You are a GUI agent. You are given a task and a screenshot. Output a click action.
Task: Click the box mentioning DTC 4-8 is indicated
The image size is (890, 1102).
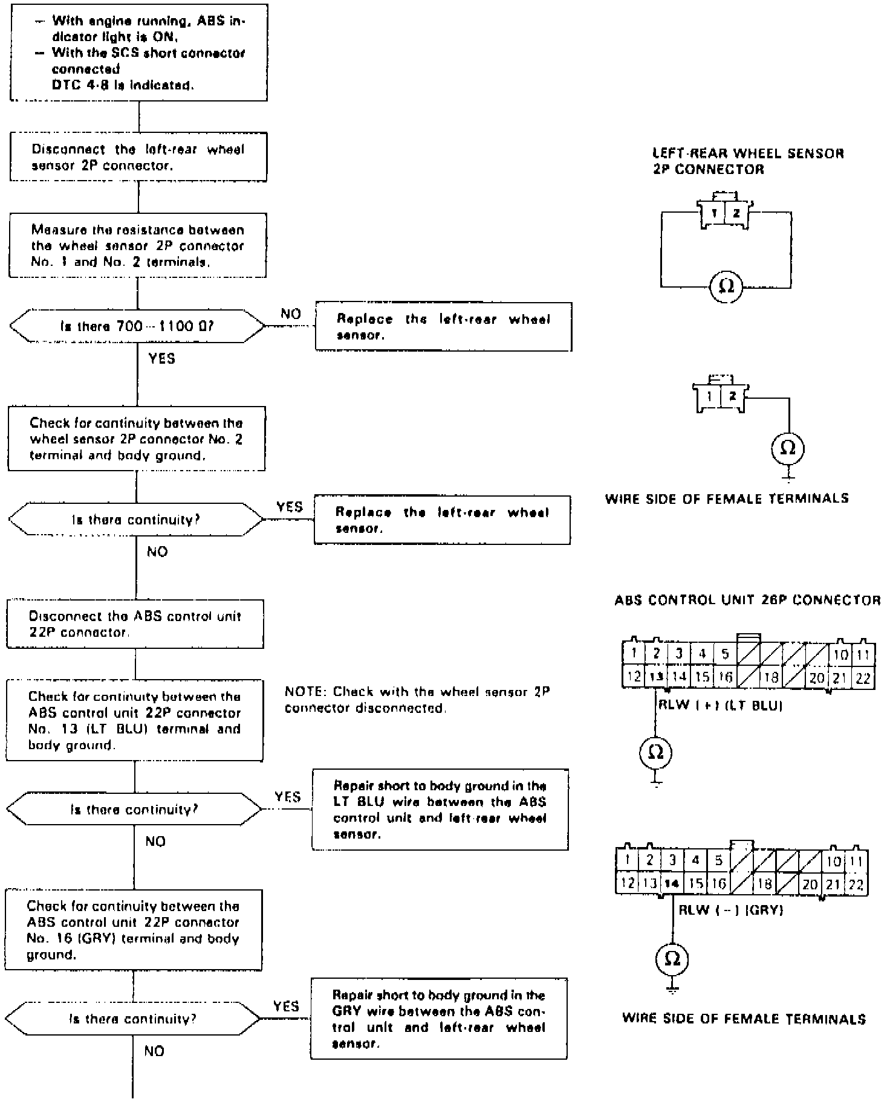tap(139, 53)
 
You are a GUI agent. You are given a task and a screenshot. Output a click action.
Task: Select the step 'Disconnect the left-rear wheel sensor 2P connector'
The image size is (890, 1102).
tap(138, 157)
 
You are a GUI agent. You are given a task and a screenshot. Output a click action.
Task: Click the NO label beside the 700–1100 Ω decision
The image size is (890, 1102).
tap(291, 314)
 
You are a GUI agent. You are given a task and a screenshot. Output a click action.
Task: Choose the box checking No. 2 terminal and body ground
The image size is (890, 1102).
tap(137, 439)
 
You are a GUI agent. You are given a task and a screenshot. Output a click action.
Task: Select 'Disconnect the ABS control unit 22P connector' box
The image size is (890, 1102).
tap(135, 624)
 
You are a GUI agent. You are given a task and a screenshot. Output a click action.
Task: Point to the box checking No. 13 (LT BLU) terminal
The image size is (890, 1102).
tap(135, 721)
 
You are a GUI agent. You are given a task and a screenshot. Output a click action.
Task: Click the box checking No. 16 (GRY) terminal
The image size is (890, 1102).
tap(134, 930)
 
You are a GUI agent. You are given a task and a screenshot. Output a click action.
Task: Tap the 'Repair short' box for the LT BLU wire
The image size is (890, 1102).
tap(440, 810)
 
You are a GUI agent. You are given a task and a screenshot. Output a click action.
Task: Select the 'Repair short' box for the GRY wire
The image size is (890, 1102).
tap(439, 1019)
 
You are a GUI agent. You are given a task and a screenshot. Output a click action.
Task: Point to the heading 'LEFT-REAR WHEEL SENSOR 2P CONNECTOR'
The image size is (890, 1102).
tap(749, 161)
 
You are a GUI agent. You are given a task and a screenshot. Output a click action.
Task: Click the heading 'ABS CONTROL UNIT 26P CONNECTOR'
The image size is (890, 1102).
tap(747, 601)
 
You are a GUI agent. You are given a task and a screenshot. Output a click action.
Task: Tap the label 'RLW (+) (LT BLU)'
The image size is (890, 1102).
tap(720, 706)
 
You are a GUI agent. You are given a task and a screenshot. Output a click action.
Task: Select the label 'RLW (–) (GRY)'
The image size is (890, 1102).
tap(731, 910)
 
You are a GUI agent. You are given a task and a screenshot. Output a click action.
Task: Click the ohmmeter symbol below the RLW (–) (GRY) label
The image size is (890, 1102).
tap(672, 959)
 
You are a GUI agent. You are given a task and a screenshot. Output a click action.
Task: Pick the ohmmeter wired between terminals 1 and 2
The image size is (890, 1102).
tap(726, 286)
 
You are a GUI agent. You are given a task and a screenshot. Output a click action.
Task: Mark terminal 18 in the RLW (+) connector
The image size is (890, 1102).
tap(771, 677)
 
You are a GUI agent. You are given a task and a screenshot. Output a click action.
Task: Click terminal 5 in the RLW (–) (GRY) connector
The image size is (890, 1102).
tap(719, 860)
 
